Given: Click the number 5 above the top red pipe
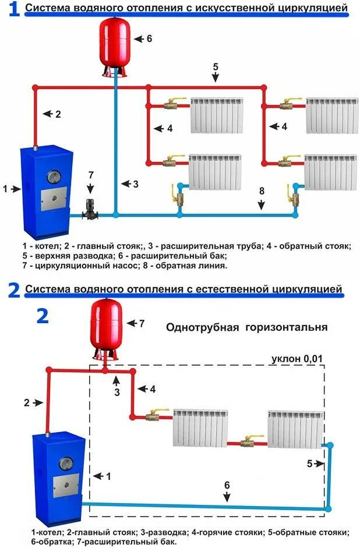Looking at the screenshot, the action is pos(216,66).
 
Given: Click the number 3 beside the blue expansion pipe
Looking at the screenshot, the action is pos(135,184).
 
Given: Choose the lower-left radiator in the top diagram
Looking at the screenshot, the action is pos(215,172).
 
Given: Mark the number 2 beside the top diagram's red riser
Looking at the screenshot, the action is pos(58,114).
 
